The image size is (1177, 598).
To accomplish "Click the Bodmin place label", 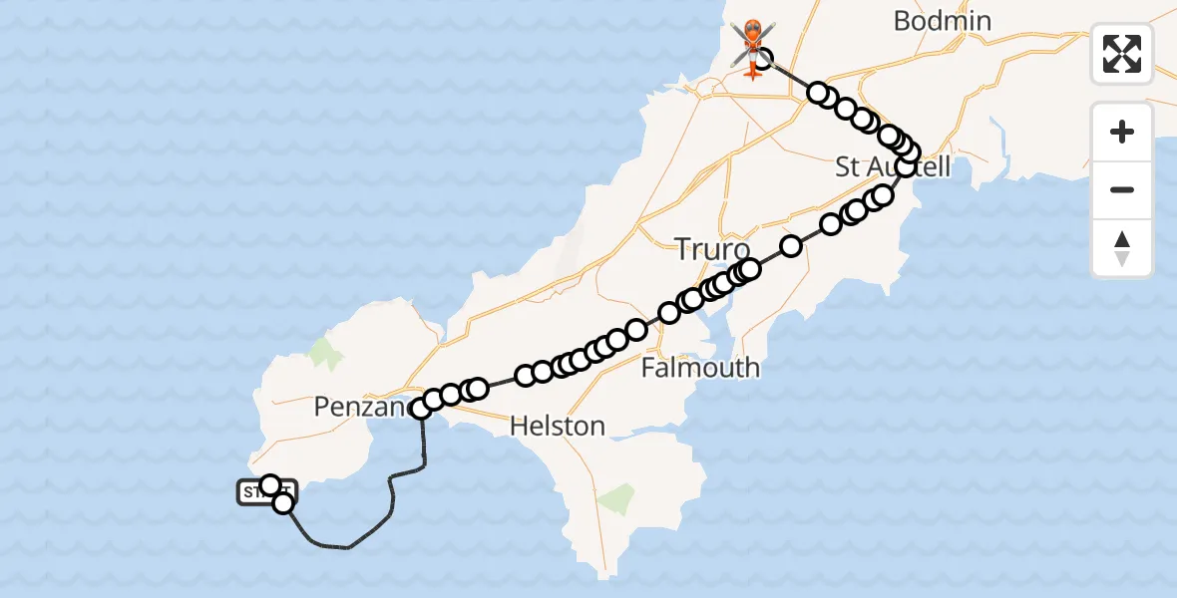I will [x=942, y=21].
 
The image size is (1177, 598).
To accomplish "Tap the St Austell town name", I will [x=892, y=166].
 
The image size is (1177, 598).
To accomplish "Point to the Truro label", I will [x=712, y=248].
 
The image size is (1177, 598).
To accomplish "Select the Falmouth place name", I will [x=699, y=368].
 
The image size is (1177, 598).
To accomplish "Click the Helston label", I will [x=557, y=426].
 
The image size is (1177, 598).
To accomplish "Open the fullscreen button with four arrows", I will [x=1122, y=54].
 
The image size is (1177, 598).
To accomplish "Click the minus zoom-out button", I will [x=1122, y=189].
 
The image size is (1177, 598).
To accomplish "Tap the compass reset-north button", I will [x=1122, y=248].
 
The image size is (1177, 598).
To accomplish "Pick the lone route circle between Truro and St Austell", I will [x=791, y=245].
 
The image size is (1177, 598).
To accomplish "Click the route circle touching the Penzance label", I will [x=421, y=407].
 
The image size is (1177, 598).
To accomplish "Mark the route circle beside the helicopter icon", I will [x=763, y=57].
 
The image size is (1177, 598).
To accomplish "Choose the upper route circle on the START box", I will [x=269, y=485].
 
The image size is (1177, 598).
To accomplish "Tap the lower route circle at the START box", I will [x=283, y=503].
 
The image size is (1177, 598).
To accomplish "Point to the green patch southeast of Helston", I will [x=618, y=496].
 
